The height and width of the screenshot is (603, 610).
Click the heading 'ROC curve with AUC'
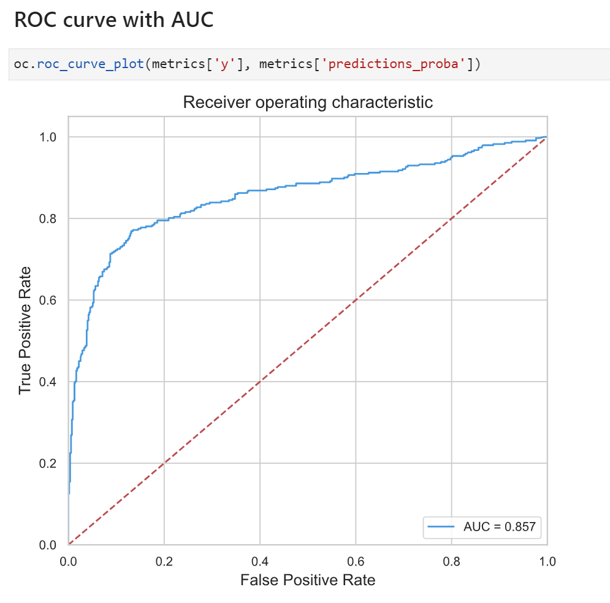pos(113,20)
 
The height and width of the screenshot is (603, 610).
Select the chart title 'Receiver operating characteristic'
pos(308,102)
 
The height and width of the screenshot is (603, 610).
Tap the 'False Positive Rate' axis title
pos(308,580)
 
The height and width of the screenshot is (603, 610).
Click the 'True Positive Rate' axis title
pos(25,330)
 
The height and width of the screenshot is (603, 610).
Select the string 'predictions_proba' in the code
pos(394,64)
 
